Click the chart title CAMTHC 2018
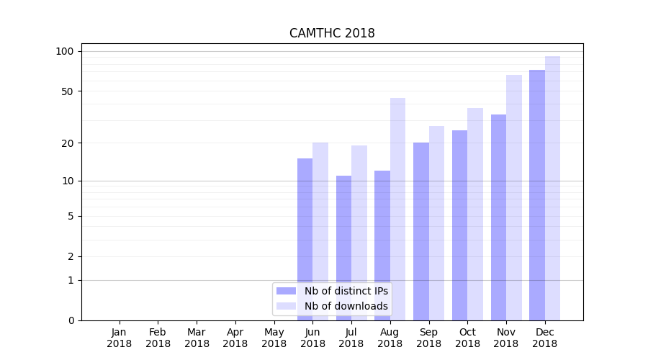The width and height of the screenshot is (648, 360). [332, 33]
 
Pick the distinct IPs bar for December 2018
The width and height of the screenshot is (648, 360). [537, 194]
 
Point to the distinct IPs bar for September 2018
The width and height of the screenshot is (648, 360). [421, 230]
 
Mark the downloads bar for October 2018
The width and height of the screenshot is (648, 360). [475, 212]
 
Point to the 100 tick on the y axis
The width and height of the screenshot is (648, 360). [65, 51]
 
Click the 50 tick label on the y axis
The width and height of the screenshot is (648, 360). [68, 91]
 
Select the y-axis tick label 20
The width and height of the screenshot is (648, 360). [68, 143]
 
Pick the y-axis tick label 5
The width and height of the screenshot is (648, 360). [71, 216]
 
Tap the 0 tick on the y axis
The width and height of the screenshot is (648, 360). [71, 320]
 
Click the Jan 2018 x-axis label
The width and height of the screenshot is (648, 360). [120, 338]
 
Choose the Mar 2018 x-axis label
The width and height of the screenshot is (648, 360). [197, 338]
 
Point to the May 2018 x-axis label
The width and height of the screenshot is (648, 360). [274, 338]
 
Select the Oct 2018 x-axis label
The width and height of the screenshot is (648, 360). [467, 338]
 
